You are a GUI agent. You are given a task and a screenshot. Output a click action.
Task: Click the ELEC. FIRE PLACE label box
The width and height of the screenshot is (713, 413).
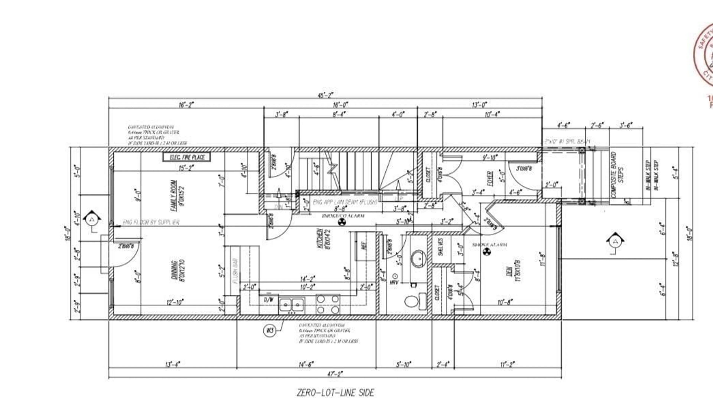(x=186, y=157)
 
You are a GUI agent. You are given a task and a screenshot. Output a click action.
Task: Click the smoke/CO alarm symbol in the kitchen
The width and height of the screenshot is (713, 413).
(x=342, y=222)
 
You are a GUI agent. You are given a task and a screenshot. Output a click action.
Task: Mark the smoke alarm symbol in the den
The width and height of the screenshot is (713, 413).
(x=486, y=252)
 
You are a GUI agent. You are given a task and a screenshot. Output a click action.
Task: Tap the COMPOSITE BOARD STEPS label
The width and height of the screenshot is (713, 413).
(x=617, y=175)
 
